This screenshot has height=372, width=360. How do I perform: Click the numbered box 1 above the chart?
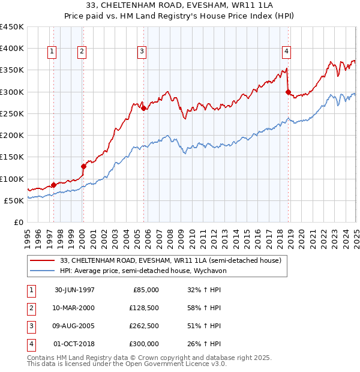click(x=53, y=52)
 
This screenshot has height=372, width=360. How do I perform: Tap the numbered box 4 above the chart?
click(x=287, y=52)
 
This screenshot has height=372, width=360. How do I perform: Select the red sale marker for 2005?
click(x=144, y=108)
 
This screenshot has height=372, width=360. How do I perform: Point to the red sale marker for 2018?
click(x=289, y=92)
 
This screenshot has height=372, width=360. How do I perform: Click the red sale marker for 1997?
click(x=53, y=185)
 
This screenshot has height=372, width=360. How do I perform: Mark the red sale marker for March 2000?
click(x=83, y=166)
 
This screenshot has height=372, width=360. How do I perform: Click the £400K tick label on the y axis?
click(x=12, y=49)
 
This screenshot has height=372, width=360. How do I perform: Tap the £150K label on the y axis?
click(x=12, y=157)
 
